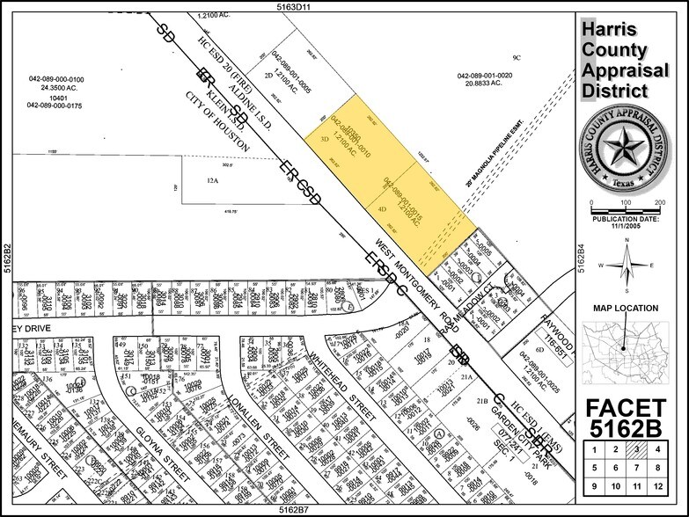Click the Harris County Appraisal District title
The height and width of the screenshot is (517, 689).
pos(627,60)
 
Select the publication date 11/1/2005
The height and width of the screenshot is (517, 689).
pos(627,225)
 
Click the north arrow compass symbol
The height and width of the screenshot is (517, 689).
pos(627,264)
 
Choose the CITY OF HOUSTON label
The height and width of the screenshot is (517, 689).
pos(219,127)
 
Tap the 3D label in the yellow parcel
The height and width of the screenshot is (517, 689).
pos(324,139)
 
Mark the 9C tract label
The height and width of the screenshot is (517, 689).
pos(517,58)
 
